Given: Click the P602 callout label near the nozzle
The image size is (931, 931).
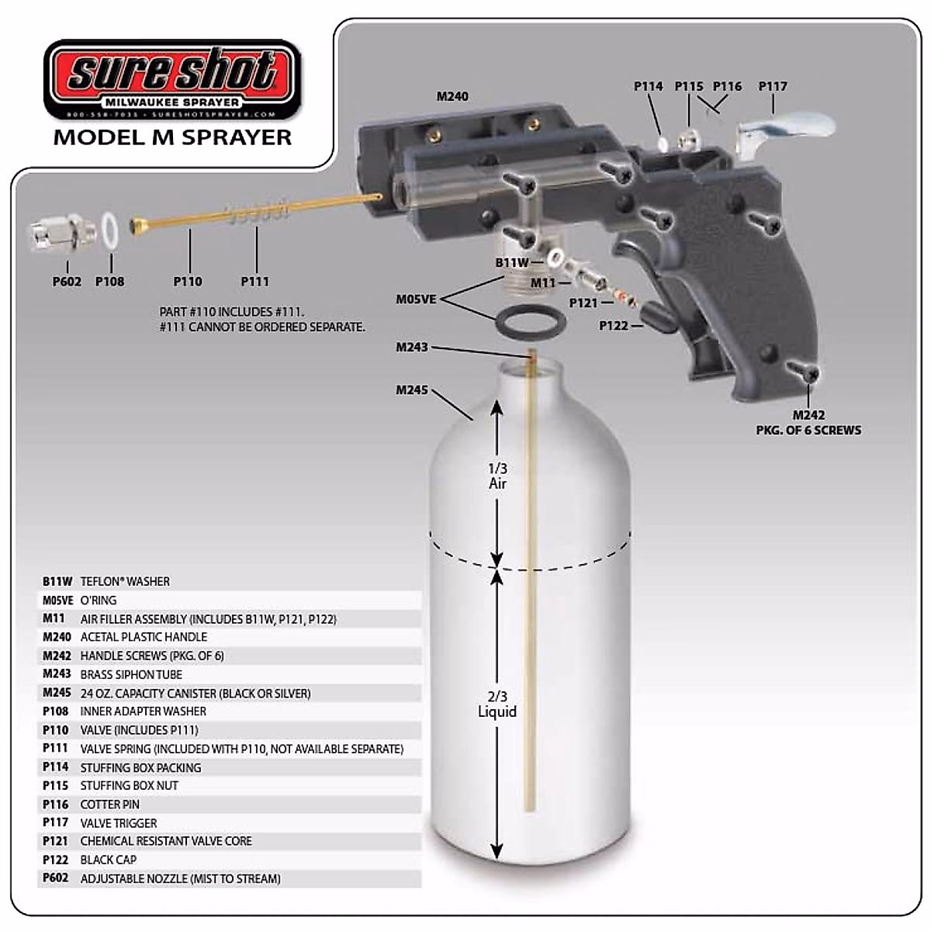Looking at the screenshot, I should [67, 282].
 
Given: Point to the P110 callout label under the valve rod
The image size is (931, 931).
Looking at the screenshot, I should [188, 282].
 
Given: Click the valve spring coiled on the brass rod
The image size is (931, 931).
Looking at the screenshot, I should [256, 212].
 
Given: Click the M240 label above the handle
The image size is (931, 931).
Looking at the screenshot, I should [452, 96].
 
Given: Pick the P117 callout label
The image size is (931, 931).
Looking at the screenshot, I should [773, 87].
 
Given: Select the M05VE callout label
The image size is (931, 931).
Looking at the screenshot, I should [416, 299].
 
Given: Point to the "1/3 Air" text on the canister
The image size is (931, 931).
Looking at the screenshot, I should [497, 476].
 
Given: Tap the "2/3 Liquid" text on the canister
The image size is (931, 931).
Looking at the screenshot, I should [497, 704].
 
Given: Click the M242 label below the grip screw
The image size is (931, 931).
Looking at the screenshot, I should [808, 415].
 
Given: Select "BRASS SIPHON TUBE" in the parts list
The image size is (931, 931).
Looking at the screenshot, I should [131, 675].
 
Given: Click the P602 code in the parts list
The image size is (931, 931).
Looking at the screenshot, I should [56, 878].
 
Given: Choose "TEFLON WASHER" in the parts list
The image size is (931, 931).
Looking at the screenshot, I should [125, 582].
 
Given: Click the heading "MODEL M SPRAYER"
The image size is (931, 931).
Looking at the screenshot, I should [172, 137].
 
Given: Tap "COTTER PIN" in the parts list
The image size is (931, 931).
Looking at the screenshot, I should [110, 805].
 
